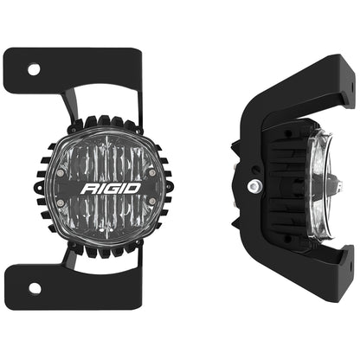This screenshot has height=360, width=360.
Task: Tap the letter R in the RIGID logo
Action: pyautogui.click(x=88, y=185)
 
